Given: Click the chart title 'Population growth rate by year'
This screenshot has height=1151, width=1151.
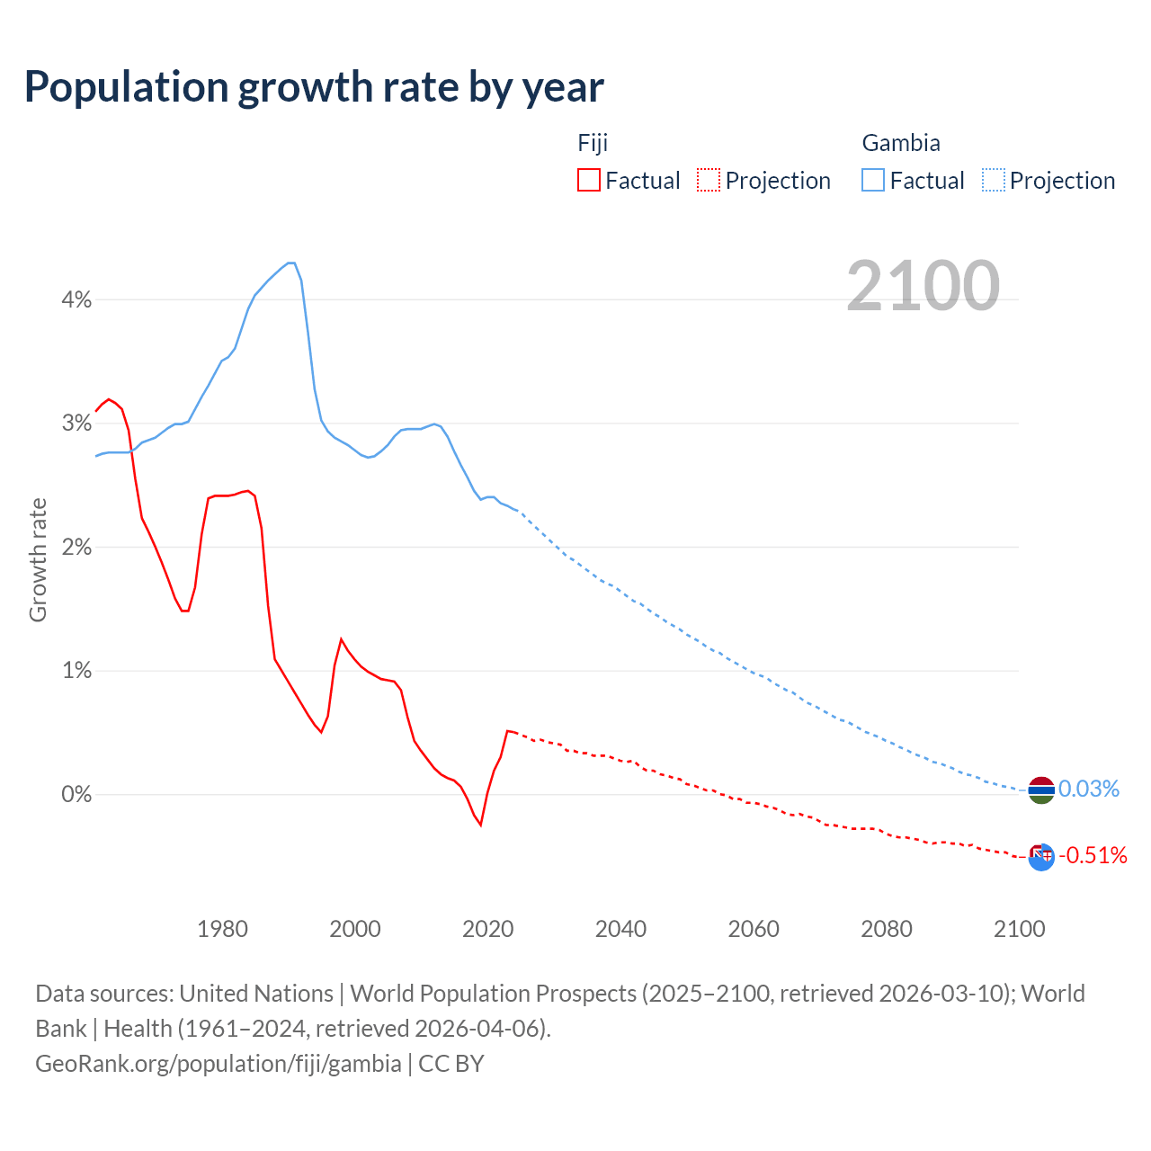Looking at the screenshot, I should (314, 87).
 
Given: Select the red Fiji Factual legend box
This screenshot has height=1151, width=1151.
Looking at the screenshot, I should (589, 180).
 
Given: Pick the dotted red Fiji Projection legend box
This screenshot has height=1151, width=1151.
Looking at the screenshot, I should (709, 180).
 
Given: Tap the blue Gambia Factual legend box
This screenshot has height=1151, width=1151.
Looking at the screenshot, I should (873, 180).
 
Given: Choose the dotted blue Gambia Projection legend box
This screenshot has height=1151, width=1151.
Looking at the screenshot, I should (993, 180).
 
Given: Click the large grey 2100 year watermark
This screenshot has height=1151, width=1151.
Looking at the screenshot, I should (923, 286).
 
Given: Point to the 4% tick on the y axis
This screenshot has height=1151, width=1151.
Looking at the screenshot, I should (76, 299).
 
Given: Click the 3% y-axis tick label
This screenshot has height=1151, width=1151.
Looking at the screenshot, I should (76, 424).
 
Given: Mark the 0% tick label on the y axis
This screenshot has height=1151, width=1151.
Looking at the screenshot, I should (76, 794).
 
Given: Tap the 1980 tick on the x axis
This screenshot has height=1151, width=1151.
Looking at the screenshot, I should (222, 929).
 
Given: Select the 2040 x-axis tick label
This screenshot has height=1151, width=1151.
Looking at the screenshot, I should (620, 929).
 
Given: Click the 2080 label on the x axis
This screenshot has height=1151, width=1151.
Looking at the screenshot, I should (886, 929).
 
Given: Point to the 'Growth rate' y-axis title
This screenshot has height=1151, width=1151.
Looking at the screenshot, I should (38, 559).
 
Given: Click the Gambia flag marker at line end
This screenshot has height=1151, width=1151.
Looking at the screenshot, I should (1040, 790).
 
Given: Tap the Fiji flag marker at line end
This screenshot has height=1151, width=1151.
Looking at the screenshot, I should (1040, 857).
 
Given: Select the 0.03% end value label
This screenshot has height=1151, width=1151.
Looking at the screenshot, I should (1088, 790).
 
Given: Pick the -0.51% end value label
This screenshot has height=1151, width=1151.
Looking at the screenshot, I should (1093, 855).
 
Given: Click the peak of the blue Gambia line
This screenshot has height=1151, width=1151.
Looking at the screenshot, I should (290, 263).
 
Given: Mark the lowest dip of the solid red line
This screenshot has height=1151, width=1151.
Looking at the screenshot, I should (481, 825).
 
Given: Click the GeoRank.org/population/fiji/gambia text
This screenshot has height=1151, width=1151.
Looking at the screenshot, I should (219, 1064).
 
